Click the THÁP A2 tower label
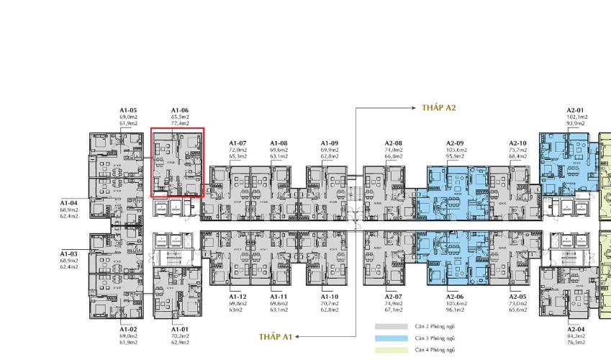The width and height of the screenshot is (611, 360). coord(440,108)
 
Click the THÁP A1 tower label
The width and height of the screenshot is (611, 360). coord(276,336)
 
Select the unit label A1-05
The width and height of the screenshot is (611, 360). coord(129,110)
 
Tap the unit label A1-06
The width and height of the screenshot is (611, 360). coord(180,110)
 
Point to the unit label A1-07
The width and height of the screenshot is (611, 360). coord(238,143)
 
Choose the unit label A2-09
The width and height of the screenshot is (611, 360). coord(456,143)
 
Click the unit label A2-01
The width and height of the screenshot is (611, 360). coord(577,110)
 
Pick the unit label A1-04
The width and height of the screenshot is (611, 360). coord(69,203)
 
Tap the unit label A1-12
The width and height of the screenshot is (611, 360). coord(238,297)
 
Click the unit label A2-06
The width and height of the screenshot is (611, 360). coord(456,297)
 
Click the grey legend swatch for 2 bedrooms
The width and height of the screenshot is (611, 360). coord(386,326)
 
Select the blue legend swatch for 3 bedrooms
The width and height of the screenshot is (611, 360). coord(386,338)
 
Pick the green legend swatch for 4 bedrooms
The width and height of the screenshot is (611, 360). coord(386,350)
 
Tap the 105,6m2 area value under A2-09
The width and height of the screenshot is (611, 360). coord(456,149)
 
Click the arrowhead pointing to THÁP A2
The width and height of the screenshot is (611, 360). coord(416,108)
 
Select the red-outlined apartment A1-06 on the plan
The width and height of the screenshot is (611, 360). coord(178,163)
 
